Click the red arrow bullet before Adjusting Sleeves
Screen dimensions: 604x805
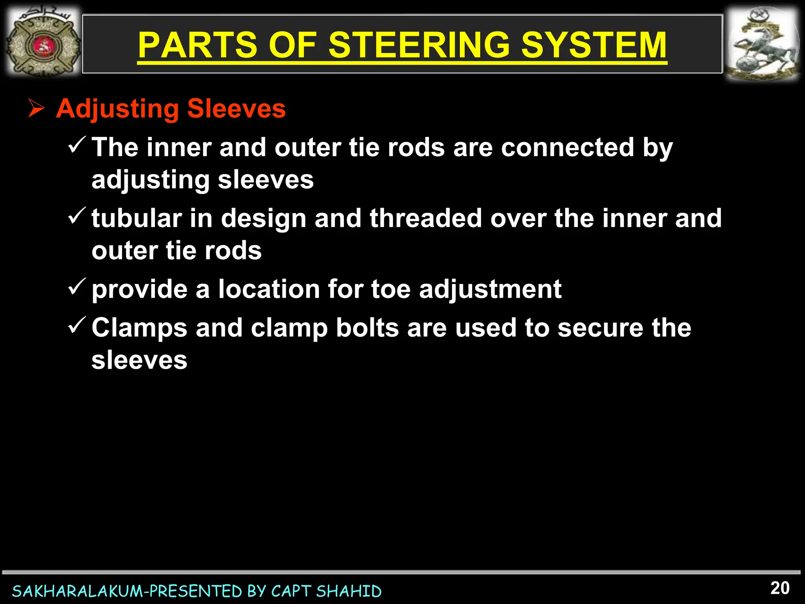(36, 109)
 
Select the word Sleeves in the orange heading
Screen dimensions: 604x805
(236, 109)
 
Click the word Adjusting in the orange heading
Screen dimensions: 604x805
(117, 109)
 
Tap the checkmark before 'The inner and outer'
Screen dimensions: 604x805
(77, 145)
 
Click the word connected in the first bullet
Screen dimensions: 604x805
(567, 147)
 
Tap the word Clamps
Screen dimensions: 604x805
(140, 329)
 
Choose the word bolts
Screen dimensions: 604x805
(367, 328)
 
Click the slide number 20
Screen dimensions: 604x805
(780, 588)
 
